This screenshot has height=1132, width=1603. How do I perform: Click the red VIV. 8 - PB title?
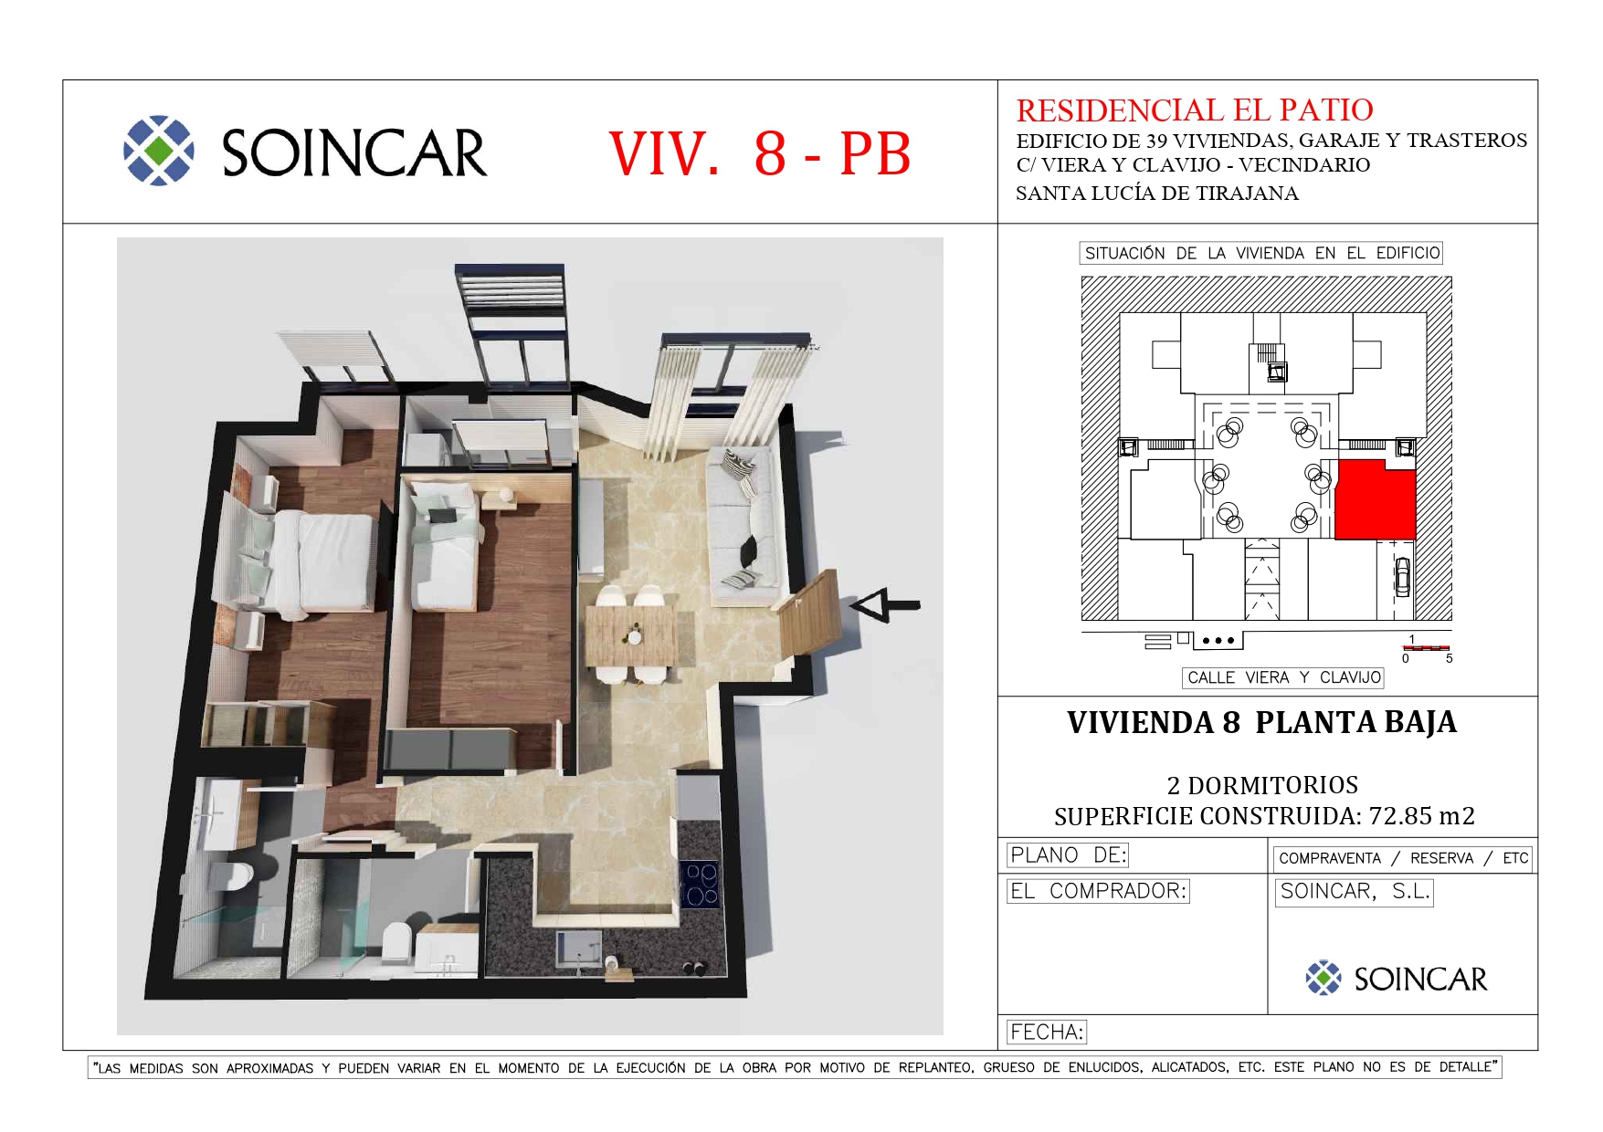(760, 153)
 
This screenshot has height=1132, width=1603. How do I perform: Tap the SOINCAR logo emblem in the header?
(159, 151)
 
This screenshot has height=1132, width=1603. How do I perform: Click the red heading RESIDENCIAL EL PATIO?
(1195, 110)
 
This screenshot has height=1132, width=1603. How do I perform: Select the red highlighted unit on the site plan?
(1375, 499)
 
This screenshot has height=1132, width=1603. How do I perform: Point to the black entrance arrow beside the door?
(884, 604)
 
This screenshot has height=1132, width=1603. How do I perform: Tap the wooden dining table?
(631, 635)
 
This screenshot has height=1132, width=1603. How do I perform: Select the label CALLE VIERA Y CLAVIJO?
(1283, 677)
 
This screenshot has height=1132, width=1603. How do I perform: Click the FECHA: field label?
(1047, 1032)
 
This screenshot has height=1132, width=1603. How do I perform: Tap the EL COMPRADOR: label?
(1098, 891)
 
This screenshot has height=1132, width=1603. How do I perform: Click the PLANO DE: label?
(1068, 855)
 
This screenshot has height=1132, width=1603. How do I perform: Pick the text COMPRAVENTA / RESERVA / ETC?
(1403, 858)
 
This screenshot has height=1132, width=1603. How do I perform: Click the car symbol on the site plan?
(1402, 575)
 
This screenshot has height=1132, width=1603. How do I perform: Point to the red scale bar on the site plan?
(1427, 648)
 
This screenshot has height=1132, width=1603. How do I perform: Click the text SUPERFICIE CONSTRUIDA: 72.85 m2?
(1264, 816)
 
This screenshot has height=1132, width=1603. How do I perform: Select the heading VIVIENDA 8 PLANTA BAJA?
(1261, 722)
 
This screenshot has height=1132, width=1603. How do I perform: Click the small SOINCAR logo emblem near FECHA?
(1324, 978)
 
